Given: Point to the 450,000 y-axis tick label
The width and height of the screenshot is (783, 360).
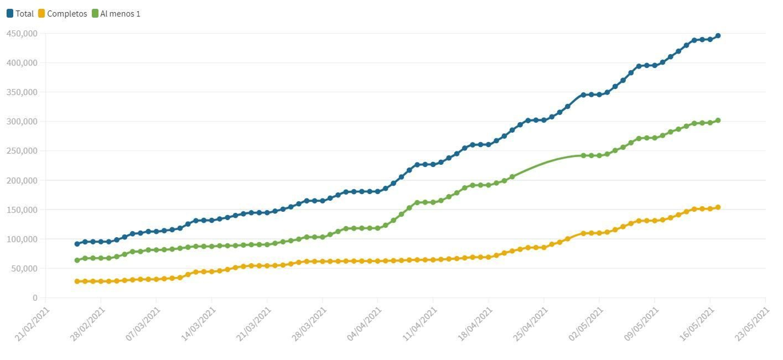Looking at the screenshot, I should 22,33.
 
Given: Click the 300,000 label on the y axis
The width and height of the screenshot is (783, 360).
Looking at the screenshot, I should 22,121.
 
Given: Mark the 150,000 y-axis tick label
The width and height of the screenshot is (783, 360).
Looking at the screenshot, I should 22,210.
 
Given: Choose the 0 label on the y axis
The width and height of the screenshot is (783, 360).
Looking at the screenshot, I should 35,297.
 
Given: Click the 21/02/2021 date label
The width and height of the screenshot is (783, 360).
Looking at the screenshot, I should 32,324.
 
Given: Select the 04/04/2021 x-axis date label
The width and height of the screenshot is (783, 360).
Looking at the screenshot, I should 364,324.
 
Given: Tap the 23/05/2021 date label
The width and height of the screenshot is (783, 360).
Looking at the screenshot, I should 752,324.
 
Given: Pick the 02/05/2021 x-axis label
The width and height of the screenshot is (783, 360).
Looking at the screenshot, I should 586,324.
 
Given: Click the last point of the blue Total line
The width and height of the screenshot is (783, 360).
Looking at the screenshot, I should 718,36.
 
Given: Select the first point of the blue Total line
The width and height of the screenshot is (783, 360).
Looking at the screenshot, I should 77,244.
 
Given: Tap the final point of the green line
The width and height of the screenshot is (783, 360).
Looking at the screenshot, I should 718,120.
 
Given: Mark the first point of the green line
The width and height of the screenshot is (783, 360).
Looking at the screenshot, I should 77,260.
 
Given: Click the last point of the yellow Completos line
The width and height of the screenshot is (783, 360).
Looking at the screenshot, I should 718,207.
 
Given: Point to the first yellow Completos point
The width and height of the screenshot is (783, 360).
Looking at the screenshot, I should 77,281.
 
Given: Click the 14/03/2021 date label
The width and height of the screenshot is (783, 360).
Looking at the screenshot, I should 198,324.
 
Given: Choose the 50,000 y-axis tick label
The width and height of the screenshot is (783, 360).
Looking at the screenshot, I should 22,269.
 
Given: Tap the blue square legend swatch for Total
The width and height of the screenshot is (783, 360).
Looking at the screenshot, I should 10,14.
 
